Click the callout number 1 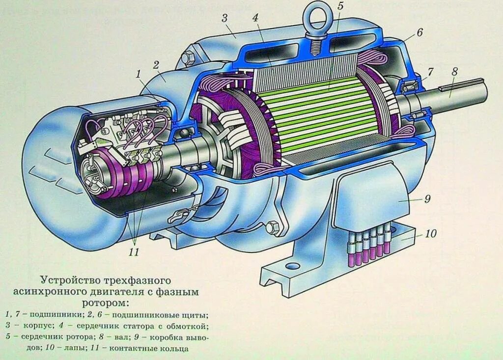tap(139, 75)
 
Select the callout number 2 tap(156, 64)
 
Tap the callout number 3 tap(224, 19)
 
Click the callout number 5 tap(340, 7)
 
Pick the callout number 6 tap(419, 33)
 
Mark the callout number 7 tap(430, 72)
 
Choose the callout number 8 tap(454, 72)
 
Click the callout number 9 tap(427, 199)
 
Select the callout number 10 tap(430, 234)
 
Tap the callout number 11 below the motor tap(134, 252)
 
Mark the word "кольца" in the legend tap(174, 349)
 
